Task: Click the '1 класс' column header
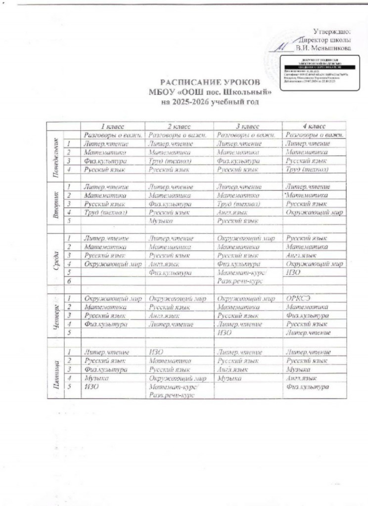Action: pos(113,127)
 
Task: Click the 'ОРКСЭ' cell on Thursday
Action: pos(297,299)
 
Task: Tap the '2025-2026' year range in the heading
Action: pos(190,102)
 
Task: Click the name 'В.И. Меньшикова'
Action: pos(323,48)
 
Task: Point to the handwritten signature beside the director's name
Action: pos(282,47)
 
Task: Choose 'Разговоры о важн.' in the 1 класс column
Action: pos(113,135)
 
